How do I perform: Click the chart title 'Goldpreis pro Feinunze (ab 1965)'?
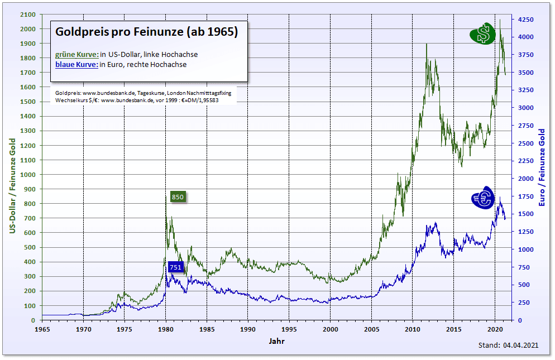pyautogui.click(x=147, y=32)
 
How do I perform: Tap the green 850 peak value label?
pyautogui.click(x=177, y=197)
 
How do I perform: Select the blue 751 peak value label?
pyautogui.click(x=176, y=267)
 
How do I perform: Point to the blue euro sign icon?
pyautogui.click(x=482, y=198)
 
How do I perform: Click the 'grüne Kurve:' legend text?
pyautogui.click(x=77, y=54)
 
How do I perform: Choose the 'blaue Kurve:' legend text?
pyautogui.click(x=77, y=64)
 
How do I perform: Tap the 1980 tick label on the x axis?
pyautogui.click(x=166, y=329)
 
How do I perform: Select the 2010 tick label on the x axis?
pyautogui.click(x=413, y=329)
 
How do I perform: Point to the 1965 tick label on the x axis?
pyautogui.click(x=42, y=329)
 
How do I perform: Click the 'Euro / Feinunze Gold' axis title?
pyautogui.click(x=542, y=167)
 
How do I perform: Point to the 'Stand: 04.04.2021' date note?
pyautogui.click(x=509, y=346)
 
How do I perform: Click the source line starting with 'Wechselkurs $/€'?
pyautogui.click(x=137, y=100)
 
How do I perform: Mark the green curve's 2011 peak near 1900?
pyautogui.click(x=427, y=44)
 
